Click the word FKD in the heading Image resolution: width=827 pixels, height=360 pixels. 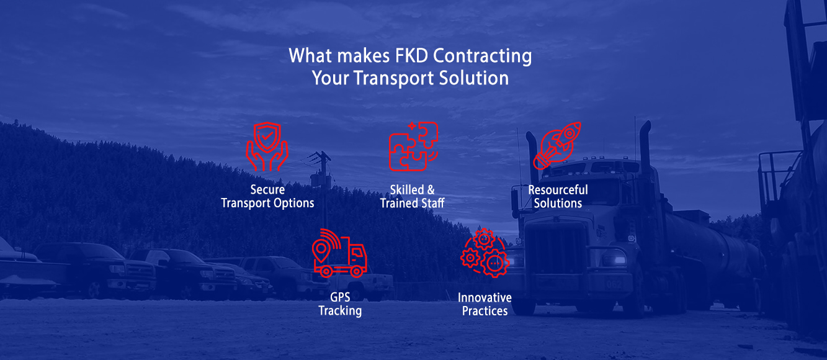coord(411,56)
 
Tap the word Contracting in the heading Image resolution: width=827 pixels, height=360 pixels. coord(482,56)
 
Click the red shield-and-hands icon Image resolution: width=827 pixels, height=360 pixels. coord(267,146)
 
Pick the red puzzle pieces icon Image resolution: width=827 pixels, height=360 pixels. coord(413,146)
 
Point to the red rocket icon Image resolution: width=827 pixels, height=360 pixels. coord(557,145)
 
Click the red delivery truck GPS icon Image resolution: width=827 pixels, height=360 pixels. coord(339,253)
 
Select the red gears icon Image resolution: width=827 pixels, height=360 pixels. coord(485,253)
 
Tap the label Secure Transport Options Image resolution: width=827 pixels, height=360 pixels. coord(267,196)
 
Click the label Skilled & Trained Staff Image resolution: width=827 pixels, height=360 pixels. coord(413,196)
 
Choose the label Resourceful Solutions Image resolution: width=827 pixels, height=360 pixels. coord(558,196)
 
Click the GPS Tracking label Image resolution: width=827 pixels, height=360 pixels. coord(340,304)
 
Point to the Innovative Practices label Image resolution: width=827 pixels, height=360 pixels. coord(485,304)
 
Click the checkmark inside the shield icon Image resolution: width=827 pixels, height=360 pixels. coord(267,137)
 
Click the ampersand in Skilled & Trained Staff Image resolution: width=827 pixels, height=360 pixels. coord(431,190)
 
